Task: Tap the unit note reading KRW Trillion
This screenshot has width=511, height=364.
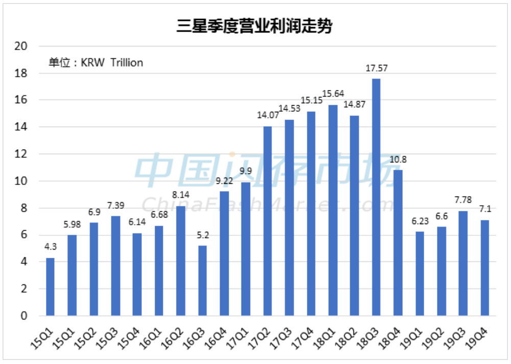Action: pyautogui.click(x=96, y=63)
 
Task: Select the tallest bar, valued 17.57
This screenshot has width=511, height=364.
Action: pyautogui.click(x=376, y=197)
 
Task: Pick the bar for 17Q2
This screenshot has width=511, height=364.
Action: pyautogui.click(x=267, y=221)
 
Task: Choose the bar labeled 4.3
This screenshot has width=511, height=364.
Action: pyautogui.click(x=50, y=286)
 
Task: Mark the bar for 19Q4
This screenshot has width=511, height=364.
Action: pyautogui.click(x=484, y=268)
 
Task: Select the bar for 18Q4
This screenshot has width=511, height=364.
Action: pyautogui.click(x=398, y=242)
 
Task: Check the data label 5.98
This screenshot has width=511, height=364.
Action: pyautogui.click(x=72, y=226)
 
